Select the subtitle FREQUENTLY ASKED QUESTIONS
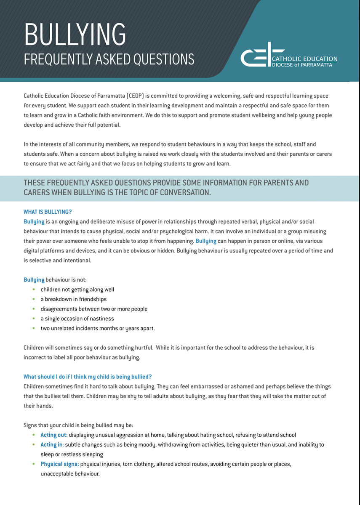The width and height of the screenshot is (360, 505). [x=109, y=59]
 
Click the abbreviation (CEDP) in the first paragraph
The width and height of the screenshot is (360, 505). [x=134, y=96]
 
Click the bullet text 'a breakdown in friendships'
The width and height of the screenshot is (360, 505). [x=74, y=299]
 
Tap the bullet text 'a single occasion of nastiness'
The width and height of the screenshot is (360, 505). [x=77, y=319]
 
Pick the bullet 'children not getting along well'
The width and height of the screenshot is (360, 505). [x=77, y=290]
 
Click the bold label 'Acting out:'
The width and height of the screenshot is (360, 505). [x=54, y=435]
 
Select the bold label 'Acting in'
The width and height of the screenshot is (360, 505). [x=52, y=444]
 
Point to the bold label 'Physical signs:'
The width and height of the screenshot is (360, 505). [x=59, y=464]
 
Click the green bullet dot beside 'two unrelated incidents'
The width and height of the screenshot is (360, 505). [x=33, y=328]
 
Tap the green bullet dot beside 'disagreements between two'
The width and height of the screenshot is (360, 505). [x=33, y=309]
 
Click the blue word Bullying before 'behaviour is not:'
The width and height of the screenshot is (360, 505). [x=34, y=280]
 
